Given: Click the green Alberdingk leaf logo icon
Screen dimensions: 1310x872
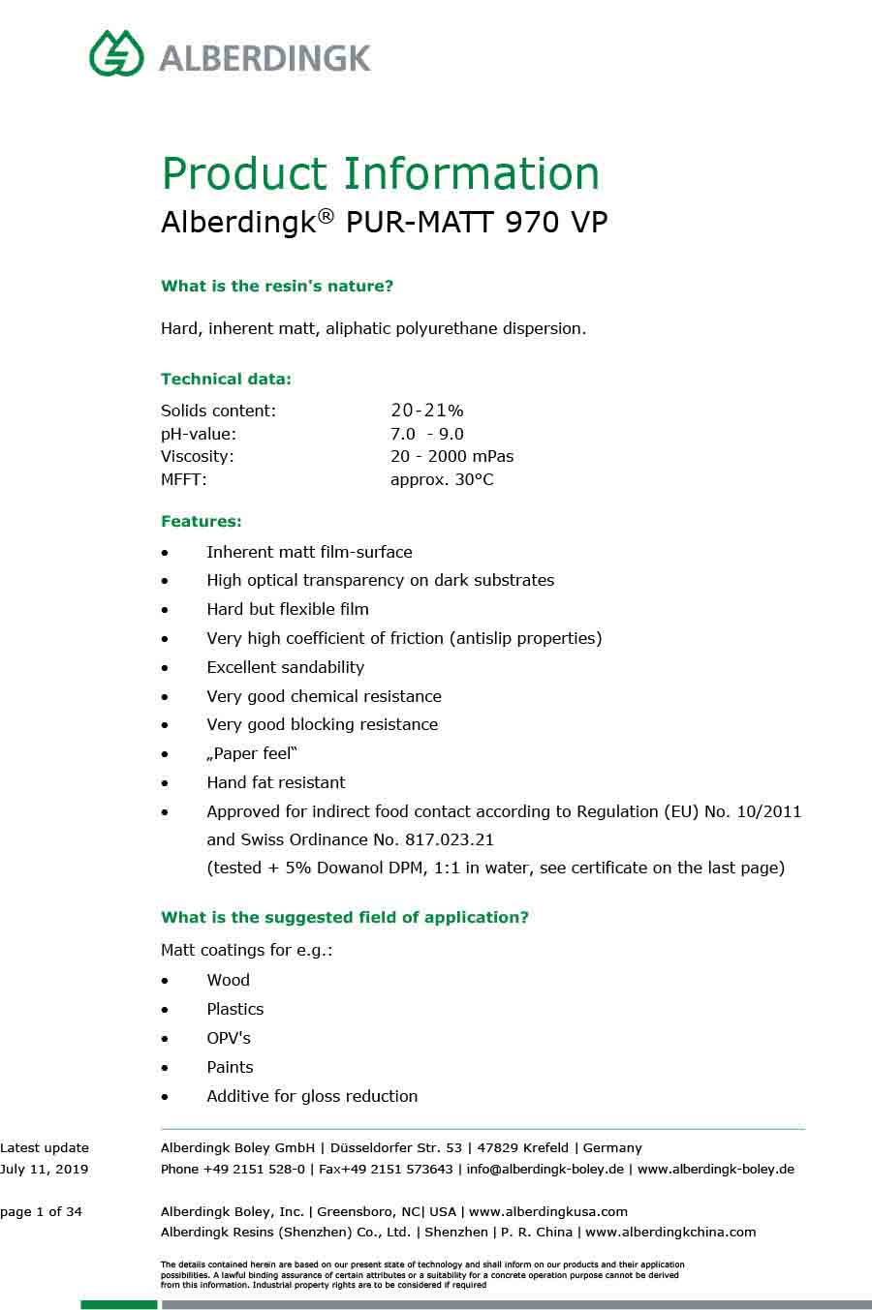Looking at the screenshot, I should [x=116, y=53].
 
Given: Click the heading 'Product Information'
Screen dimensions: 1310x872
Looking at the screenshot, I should [x=380, y=174].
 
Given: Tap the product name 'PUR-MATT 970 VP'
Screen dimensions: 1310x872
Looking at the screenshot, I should [x=476, y=223].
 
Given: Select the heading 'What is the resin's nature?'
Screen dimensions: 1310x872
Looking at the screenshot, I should [x=277, y=287].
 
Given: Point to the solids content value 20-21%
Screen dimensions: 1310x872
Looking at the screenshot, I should [x=426, y=411].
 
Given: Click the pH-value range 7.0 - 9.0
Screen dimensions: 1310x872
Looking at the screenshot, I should [x=426, y=434].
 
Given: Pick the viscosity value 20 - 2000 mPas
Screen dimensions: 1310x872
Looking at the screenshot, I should [x=452, y=456].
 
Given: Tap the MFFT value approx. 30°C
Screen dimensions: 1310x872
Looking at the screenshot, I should [x=442, y=479].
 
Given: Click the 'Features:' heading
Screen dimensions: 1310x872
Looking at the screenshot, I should [x=202, y=522].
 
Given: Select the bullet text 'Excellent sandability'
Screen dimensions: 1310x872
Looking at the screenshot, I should [x=285, y=667].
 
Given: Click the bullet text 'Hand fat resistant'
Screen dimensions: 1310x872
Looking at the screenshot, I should [x=275, y=782].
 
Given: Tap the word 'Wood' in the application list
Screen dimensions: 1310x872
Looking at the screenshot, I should [x=228, y=980].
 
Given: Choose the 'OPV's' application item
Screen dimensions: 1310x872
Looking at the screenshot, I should [x=229, y=1038].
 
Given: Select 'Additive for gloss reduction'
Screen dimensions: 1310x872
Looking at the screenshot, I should [x=312, y=1096].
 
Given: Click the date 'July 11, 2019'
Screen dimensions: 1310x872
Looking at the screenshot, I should [x=45, y=1169].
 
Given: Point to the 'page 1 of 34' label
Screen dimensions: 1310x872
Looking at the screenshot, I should [x=42, y=1211].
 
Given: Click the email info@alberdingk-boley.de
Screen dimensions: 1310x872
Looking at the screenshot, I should [x=545, y=1169].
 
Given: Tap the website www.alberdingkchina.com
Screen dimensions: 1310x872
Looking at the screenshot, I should [x=670, y=1233].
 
